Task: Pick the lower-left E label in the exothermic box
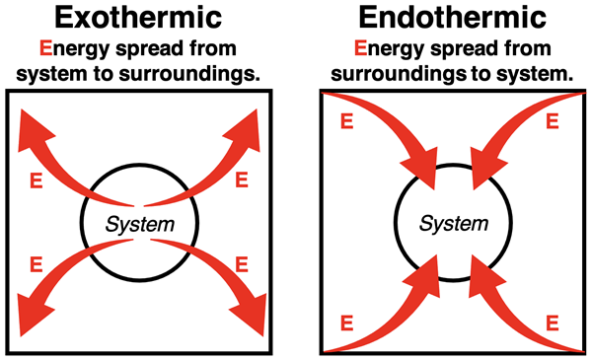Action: (37, 264)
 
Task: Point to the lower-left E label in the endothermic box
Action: (345, 324)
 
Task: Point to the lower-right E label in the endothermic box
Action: (554, 324)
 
